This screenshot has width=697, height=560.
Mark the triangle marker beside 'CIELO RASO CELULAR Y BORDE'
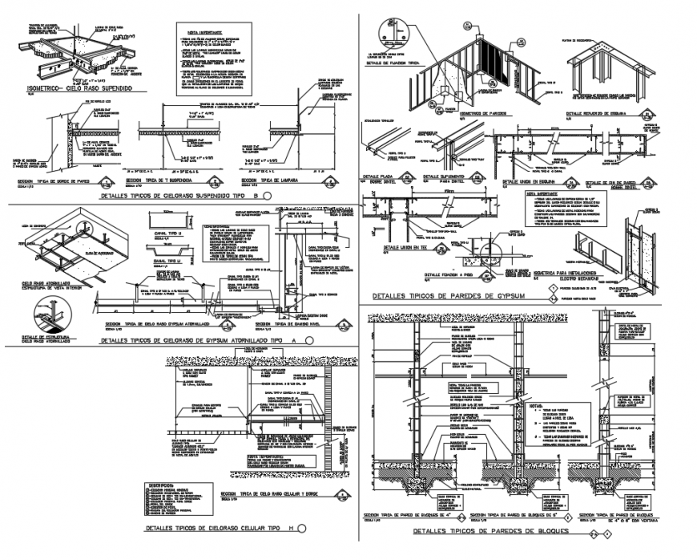(343, 495)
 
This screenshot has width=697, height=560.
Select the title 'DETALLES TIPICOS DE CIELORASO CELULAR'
(212, 529)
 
